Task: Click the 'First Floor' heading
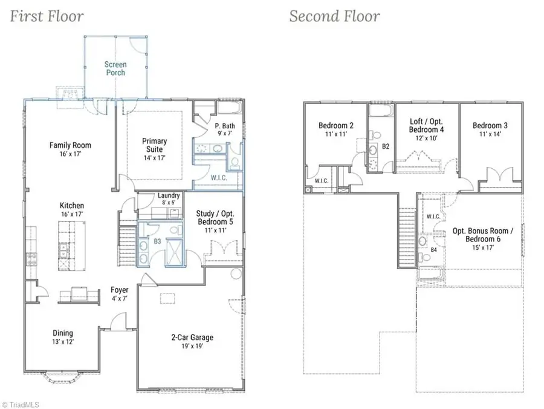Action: point(47,16)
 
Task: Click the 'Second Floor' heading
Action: point(334,16)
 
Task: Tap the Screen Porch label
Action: point(115,68)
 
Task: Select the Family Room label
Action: point(70,145)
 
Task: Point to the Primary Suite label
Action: point(154,145)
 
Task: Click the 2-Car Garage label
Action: point(192,337)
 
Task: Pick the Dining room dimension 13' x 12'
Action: point(63,342)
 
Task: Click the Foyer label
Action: point(119,290)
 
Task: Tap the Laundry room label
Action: point(169,195)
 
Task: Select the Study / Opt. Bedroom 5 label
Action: point(215,218)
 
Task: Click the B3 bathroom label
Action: point(158,241)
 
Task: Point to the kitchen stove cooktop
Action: point(32,260)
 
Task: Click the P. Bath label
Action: point(225,126)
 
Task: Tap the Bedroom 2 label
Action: point(336,125)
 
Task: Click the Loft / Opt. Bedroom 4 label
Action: point(426,125)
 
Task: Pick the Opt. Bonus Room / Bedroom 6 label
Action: point(483,235)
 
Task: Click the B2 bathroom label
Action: point(386,146)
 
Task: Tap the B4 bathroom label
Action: point(433,250)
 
